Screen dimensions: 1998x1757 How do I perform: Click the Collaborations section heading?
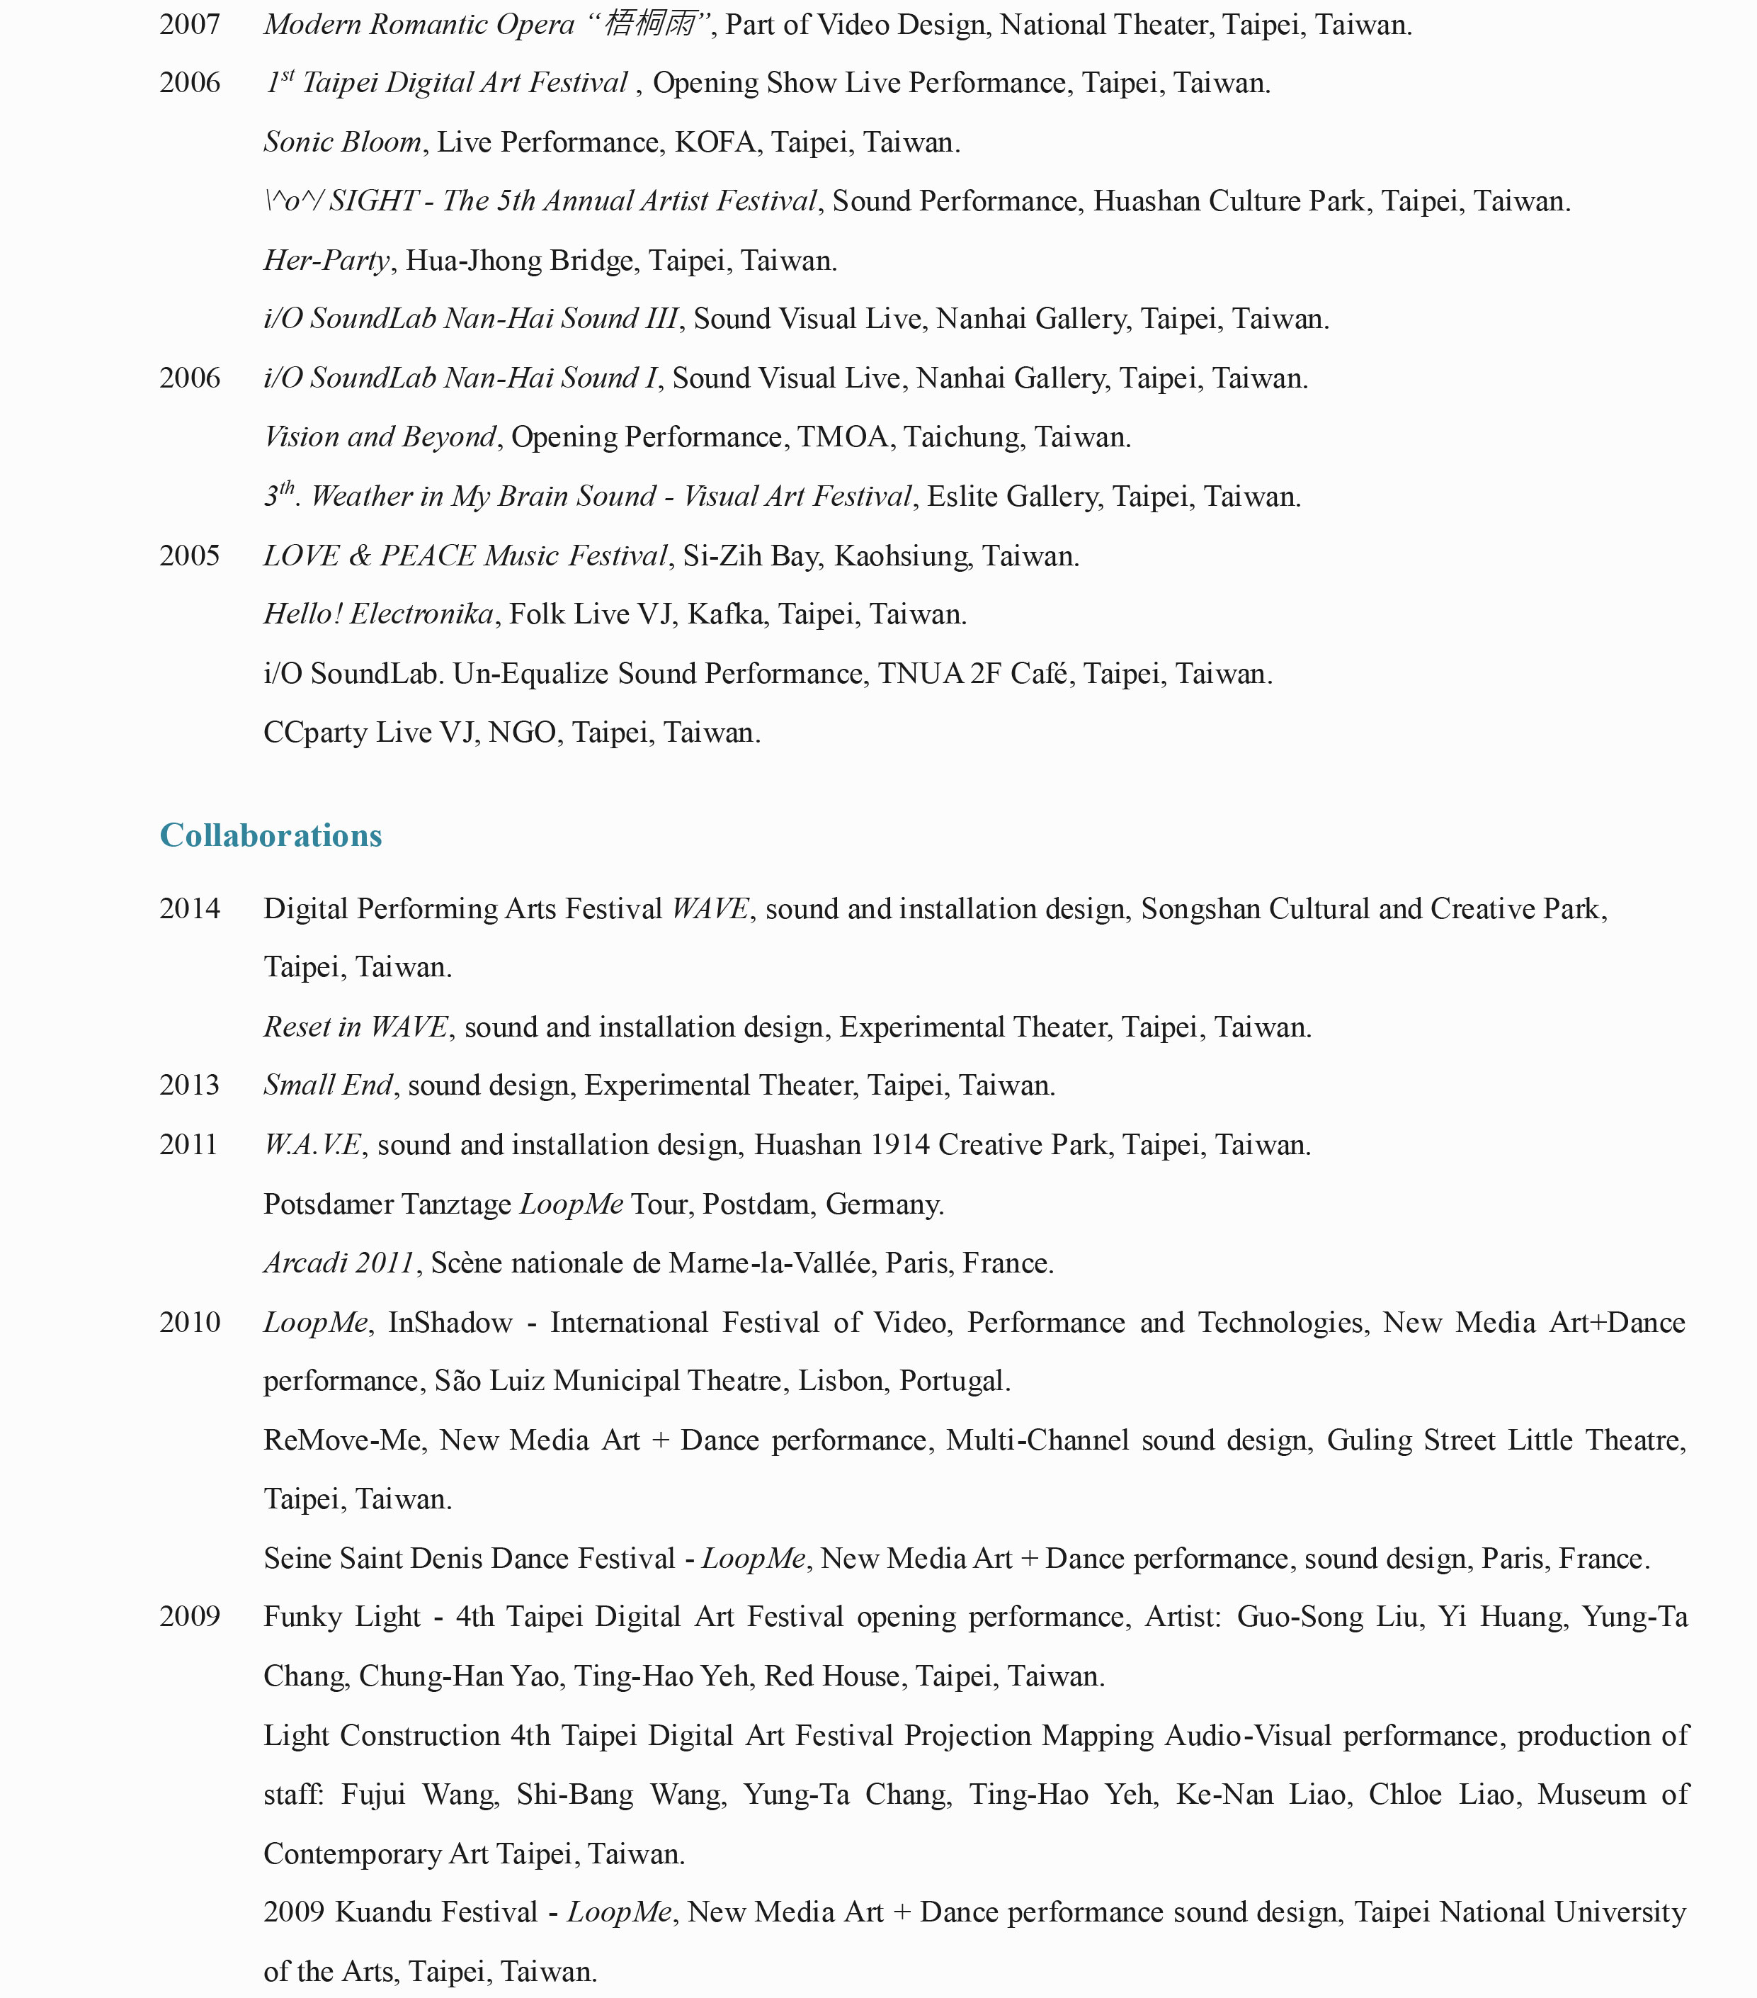[271, 835]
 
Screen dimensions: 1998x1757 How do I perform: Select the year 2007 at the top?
[190, 24]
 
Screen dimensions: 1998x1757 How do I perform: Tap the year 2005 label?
[190, 555]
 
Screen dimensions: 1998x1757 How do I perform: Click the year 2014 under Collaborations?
[190, 908]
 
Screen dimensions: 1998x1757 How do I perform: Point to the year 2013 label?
[190, 1085]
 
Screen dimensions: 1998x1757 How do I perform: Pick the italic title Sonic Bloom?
[342, 142]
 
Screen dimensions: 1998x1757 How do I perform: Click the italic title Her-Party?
[326, 260]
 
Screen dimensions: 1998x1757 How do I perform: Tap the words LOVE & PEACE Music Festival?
[465, 555]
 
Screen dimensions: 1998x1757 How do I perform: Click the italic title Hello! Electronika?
[378, 614]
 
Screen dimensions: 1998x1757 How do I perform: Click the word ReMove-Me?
[342, 1440]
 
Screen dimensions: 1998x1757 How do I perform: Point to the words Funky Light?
[342, 1617]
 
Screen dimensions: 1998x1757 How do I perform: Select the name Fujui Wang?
[420, 1795]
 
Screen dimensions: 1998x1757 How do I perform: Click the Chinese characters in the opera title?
[650, 23]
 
